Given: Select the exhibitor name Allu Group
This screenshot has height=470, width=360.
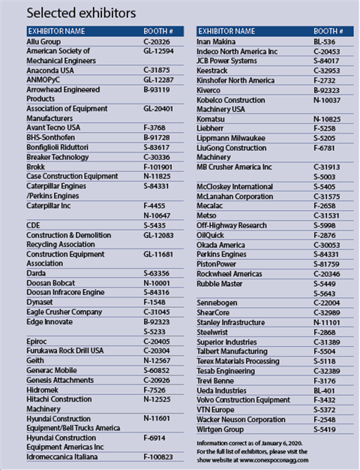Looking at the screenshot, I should [44, 42].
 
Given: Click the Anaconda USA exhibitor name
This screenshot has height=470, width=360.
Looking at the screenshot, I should [51, 70].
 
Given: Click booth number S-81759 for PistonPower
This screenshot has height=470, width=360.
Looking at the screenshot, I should [327, 264].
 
